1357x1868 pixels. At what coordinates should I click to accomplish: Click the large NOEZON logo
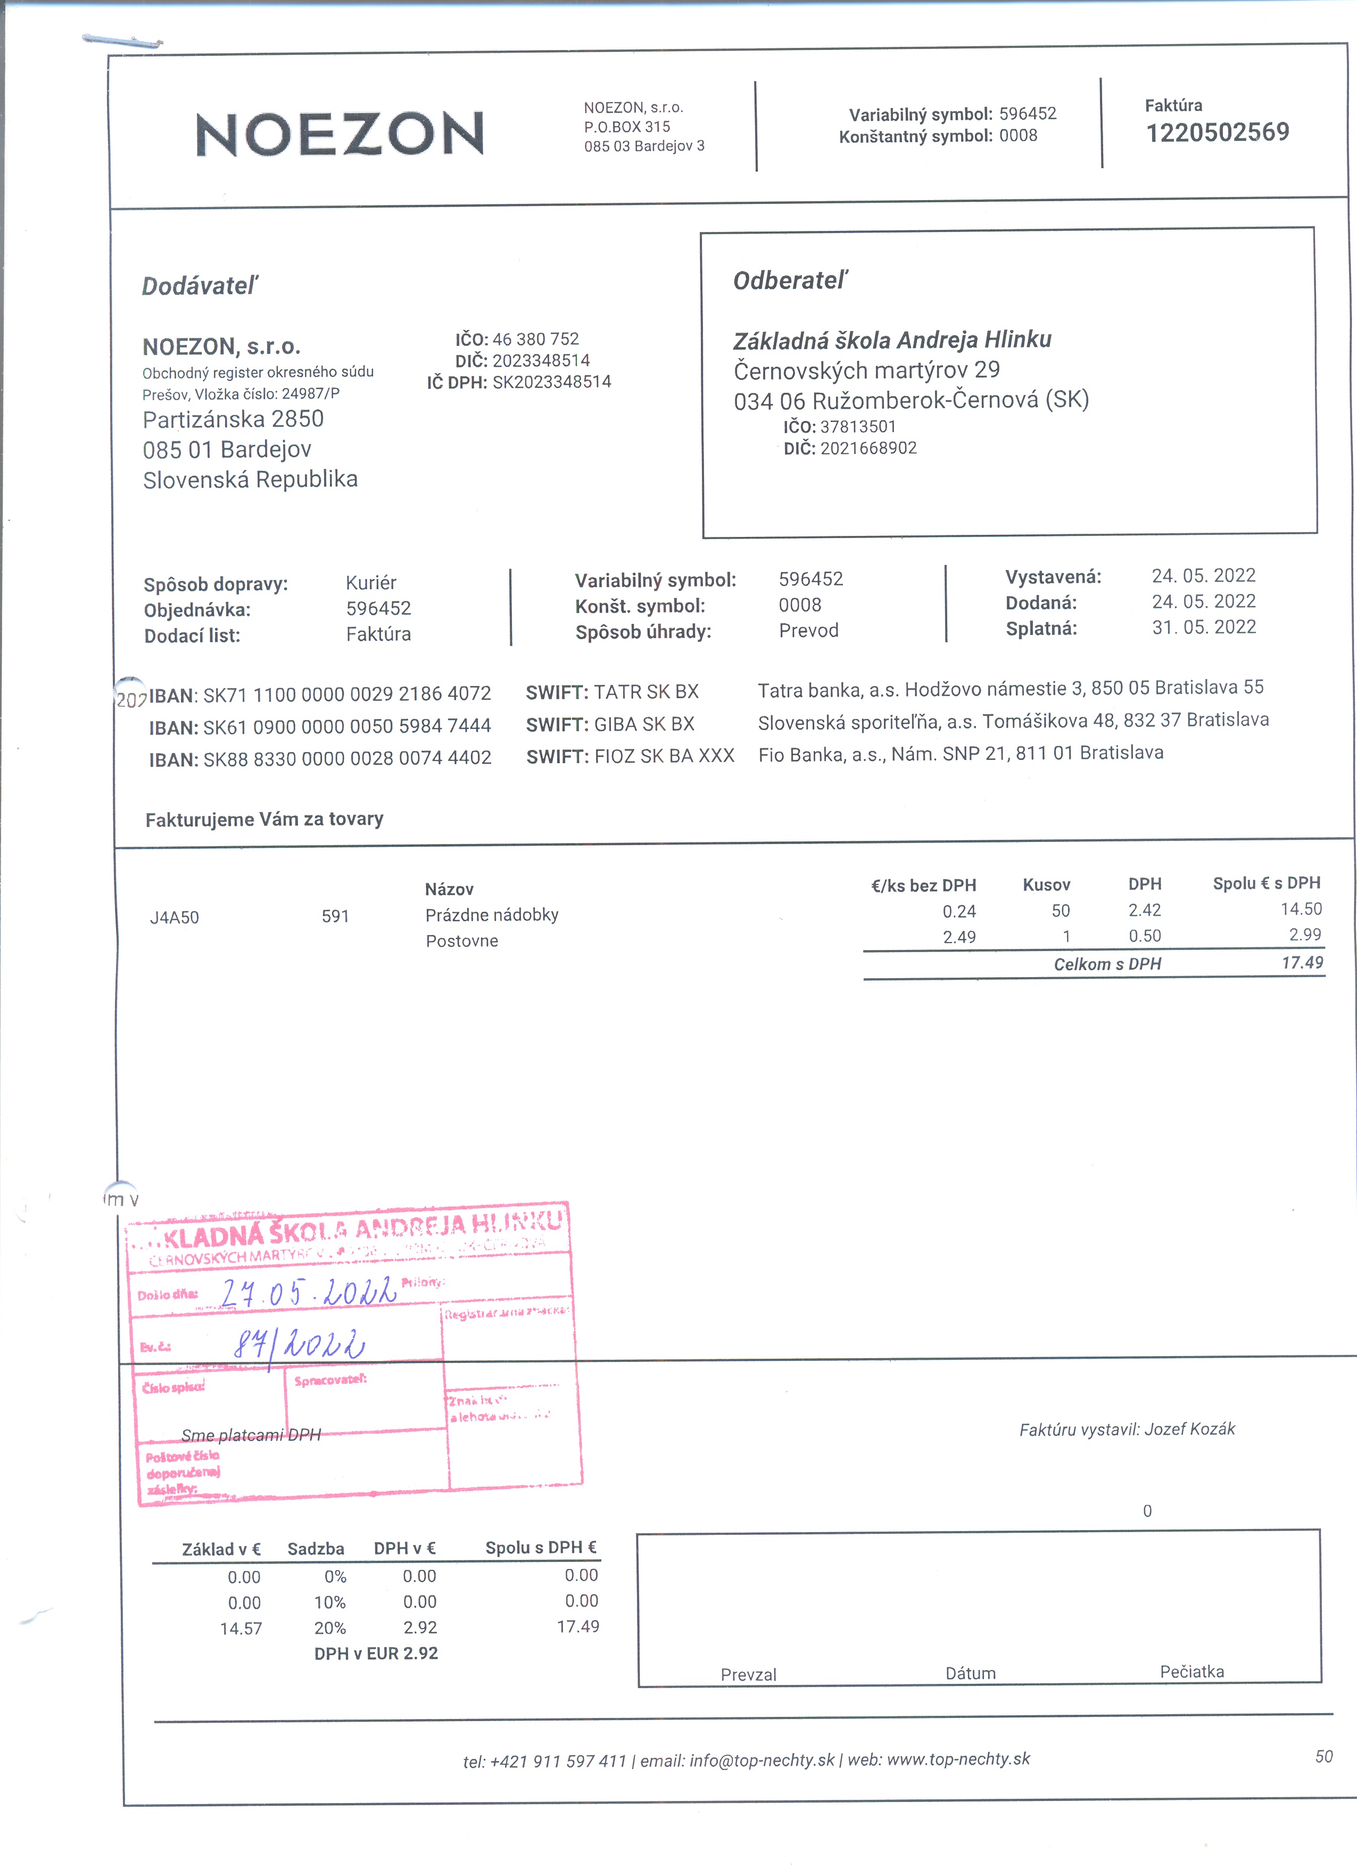(x=340, y=134)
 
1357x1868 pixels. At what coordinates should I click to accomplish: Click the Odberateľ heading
(x=790, y=281)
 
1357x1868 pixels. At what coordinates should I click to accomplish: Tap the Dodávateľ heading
(x=200, y=286)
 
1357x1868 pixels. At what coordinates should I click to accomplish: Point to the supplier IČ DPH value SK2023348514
(x=552, y=382)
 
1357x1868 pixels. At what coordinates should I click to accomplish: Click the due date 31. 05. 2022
(x=1203, y=627)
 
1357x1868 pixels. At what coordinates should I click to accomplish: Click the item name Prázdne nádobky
(x=492, y=915)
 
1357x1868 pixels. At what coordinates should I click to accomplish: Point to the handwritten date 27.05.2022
(x=309, y=1292)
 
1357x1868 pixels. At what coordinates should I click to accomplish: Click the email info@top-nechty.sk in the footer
(x=762, y=1760)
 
